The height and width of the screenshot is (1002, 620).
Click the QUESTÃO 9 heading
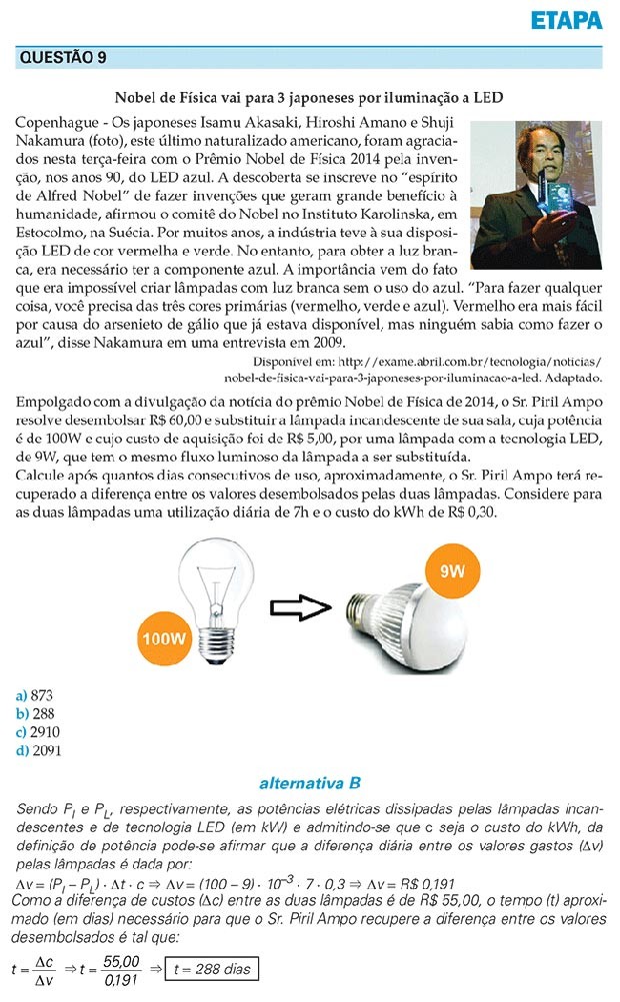click(x=63, y=58)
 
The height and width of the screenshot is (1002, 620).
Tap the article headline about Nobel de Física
click(x=309, y=97)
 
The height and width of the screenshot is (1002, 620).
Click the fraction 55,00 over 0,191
click(x=124, y=968)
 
